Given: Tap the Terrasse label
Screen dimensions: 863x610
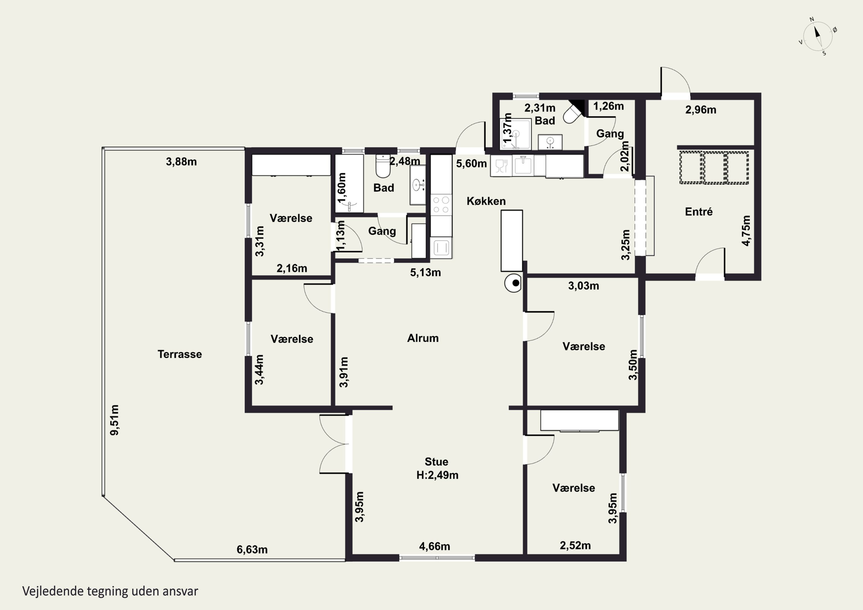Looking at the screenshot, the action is click(180, 354).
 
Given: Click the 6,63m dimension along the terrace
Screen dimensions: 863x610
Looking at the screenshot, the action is click(252, 550).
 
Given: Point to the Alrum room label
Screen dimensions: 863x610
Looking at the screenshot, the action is click(423, 338).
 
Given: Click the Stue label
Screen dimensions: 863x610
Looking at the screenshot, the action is click(436, 462).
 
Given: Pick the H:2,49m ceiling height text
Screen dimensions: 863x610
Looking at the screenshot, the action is click(437, 475).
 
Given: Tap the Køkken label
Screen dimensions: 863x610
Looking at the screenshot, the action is click(486, 201).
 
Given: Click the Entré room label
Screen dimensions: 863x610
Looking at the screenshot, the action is click(699, 212).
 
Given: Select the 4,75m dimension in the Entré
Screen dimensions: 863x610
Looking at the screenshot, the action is click(746, 230).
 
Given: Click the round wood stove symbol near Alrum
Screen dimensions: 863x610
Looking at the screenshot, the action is click(513, 283).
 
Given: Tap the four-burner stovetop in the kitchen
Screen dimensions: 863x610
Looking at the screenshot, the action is click(441, 205).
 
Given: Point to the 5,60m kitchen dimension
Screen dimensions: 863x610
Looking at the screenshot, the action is click(471, 163).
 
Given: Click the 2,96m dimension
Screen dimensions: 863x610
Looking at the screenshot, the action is click(701, 110).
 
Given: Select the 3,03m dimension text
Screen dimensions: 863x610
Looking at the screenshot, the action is click(583, 286).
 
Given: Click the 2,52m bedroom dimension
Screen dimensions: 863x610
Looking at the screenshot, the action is click(575, 545).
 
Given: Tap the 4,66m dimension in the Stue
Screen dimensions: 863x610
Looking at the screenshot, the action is click(434, 546).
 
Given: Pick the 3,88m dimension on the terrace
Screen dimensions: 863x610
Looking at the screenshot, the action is click(181, 162).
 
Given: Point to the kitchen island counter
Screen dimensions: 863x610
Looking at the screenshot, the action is click(511, 240).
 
